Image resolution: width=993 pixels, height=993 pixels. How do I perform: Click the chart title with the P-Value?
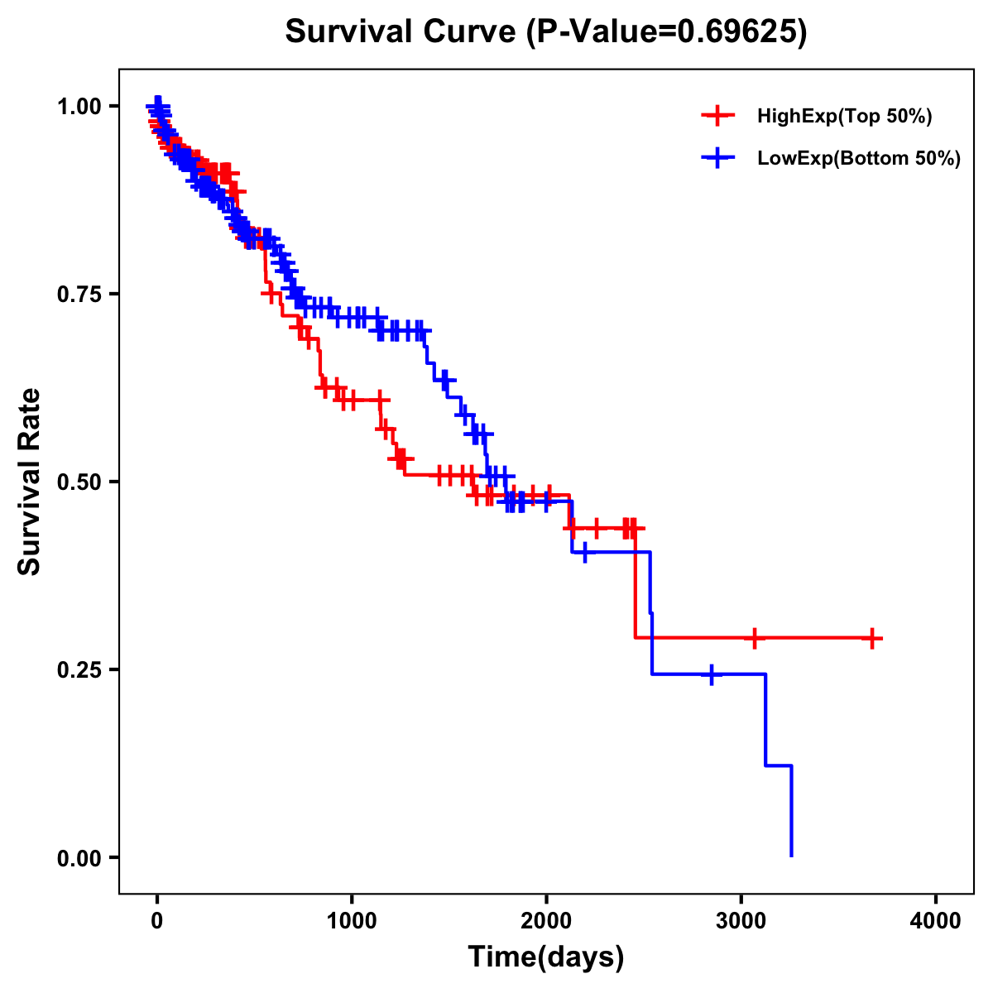tap(546, 31)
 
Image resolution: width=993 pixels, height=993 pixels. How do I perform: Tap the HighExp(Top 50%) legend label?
tap(844, 117)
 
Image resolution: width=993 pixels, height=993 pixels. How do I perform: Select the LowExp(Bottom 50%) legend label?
tap(859, 158)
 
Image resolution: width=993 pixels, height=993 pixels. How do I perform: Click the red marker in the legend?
tap(717, 117)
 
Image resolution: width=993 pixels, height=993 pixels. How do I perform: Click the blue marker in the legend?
tap(717, 158)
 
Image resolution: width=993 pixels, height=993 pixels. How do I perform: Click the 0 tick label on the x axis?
tap(157, 921)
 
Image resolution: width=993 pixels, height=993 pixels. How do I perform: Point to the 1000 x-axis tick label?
tap(352, 921)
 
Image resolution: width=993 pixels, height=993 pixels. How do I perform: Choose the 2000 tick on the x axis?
tap(546, 921)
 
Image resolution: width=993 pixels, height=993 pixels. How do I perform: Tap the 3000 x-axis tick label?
tap(741, 921)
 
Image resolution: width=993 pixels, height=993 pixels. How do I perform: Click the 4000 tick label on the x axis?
tap(936, 921)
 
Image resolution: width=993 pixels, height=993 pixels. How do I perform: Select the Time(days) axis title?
tap(546, 957)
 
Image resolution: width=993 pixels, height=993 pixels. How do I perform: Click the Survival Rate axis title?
tap(30, 482)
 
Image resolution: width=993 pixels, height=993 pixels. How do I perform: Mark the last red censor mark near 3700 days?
tap(872, 638)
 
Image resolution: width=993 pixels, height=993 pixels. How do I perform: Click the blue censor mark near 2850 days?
tap(711, 674)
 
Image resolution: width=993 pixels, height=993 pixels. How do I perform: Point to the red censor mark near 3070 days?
tap(754, 638)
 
